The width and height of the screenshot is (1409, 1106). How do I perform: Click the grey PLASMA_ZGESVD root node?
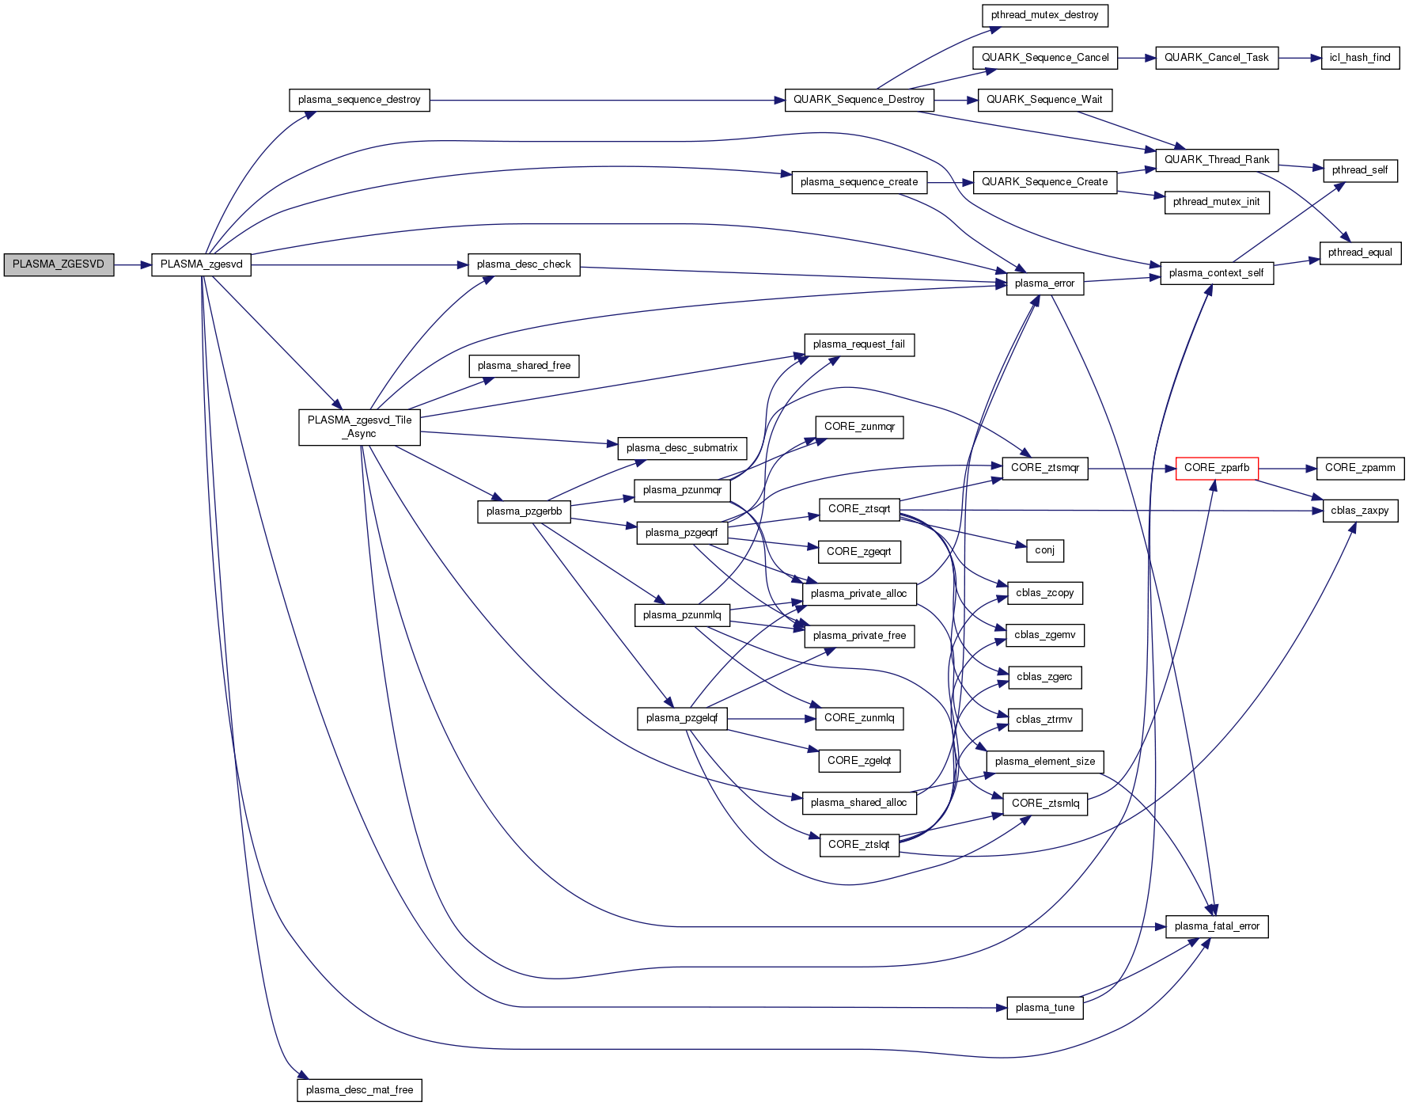click(59, 264)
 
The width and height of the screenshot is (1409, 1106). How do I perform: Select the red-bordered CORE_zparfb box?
click(1216, 468)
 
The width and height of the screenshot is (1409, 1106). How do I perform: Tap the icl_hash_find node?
click(1360, 58)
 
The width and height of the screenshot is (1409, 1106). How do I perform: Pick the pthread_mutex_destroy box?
click(1044, 15)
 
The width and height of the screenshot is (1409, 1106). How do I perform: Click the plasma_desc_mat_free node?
click(359, 1090)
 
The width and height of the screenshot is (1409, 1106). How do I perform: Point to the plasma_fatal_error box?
click(1217, 926)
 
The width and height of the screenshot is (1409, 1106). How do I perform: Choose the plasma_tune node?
click(1044, 1008)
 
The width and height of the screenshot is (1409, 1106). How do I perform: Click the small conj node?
click(1044, 550)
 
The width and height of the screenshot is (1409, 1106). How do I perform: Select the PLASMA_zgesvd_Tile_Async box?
click(359, 427)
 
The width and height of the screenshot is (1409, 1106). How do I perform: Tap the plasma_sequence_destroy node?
click(359, 100)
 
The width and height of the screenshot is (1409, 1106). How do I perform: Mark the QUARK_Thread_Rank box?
click(1216, 160)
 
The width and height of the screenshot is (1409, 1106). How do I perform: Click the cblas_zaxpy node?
click(1359, 511)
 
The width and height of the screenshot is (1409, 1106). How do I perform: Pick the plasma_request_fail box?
click(858, 344)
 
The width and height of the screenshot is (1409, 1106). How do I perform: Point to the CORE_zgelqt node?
click(858, 761)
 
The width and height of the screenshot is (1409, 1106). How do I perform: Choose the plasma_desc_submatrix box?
click(681, 448)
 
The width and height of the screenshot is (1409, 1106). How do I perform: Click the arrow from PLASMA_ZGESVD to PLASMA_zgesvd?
click(132, 264)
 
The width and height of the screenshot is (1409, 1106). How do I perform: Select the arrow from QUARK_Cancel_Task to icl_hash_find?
click(1299, 58)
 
